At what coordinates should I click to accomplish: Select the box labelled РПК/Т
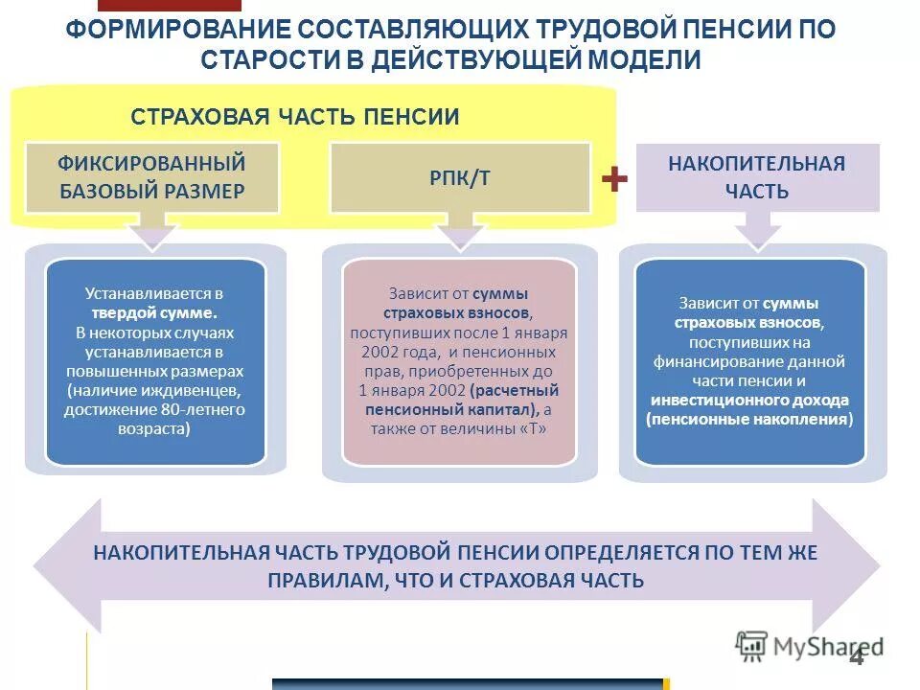(460, 178)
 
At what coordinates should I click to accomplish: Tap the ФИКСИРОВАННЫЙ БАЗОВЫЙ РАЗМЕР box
(152, 177)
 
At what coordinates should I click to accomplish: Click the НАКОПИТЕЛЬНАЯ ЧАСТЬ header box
(757, 177)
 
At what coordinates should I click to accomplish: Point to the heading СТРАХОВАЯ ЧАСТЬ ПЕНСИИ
(295, 117)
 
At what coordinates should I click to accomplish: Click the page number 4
(856, 656)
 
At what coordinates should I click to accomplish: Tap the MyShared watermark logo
(810, 646)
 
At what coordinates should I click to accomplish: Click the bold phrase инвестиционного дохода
(750, 401)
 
